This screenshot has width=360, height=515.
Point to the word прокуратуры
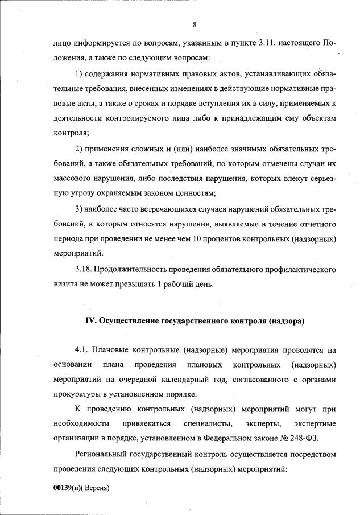point(75,394)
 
